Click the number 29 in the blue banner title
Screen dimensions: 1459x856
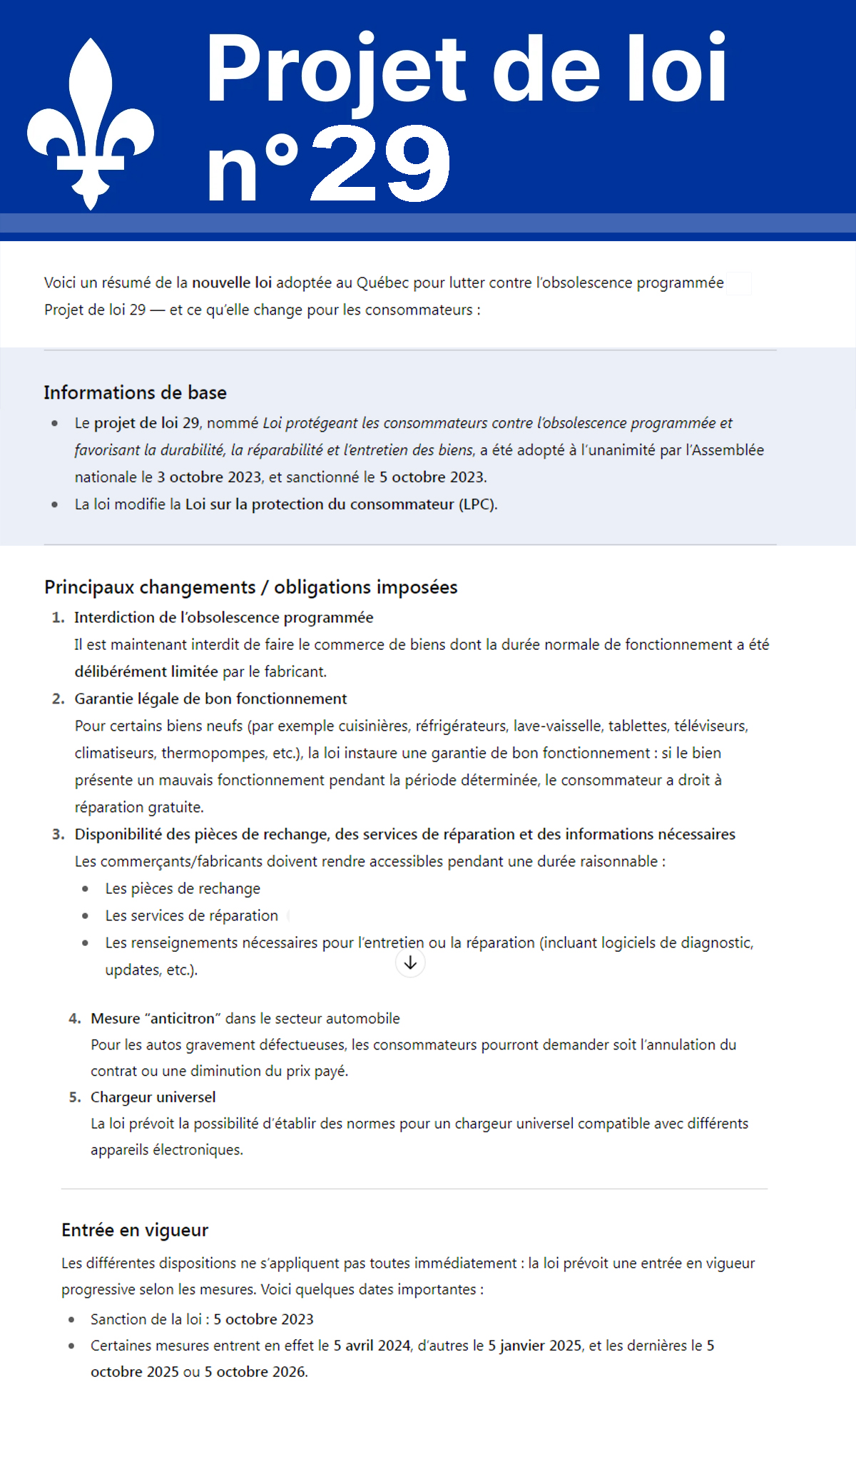point(382,164)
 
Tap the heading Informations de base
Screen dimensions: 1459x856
point(135,392)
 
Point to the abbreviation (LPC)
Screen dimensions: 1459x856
point(478,504)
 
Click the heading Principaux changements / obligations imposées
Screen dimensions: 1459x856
point(250,587)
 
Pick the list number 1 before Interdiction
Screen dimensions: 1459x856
point(58,618)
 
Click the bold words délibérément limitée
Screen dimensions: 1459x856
point(146,672)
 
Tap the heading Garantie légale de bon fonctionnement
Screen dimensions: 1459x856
point(210,699)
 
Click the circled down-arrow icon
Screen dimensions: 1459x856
point(410,963)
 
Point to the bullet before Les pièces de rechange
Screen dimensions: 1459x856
point(86,889)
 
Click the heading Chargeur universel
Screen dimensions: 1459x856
point(153,1097)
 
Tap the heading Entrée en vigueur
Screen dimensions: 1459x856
point(135,1230)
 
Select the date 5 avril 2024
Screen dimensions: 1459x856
point(372,1346)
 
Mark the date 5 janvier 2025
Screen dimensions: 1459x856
point(534,1346)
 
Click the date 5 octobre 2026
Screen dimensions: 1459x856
point(255,1372)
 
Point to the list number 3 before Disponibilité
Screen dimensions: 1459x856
point(58,835)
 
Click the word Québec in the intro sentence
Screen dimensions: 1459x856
point(382,283)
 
